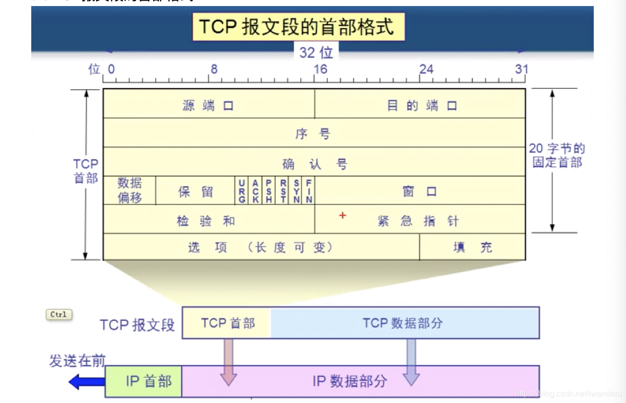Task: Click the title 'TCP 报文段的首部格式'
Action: (x=298, y=27)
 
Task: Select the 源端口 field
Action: (x=208, y=105)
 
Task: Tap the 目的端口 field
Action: (x=421, y=105)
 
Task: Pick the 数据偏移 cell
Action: (x=130, y=190)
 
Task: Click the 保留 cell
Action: (x=196, y=191)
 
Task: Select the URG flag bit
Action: (x=242, y=191)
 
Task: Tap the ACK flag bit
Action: (x=256, y=191)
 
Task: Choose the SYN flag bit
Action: (x=296, y=191)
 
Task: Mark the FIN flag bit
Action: (x=309, y=191)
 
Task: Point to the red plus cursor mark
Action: (x=343, y=216)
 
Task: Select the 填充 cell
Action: (x=472, y=247)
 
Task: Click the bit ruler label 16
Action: (x=320, y=69)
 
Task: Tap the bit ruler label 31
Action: (x=521, y=69)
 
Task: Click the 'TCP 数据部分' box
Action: (x=405, y=323)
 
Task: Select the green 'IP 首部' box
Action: (x=144, y=381)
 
